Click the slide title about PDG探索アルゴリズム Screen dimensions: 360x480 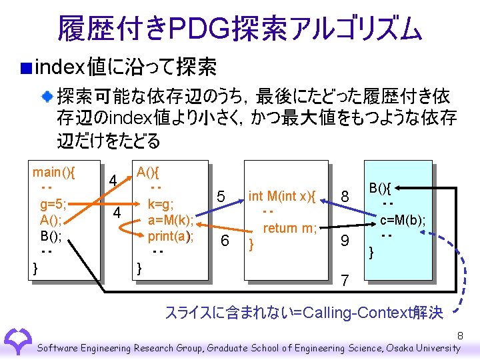coord(240,28)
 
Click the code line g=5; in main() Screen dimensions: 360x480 coord(53,204)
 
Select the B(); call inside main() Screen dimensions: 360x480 coord(51,235)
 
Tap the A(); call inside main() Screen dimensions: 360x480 coord(51,220)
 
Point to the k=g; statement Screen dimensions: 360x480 coord(161,205)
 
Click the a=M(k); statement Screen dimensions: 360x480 coord(171,220)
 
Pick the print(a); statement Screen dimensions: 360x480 coord(171,236)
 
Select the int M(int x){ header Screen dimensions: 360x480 coord(282,195)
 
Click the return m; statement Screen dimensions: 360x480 coord(289,228)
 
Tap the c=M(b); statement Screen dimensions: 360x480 coord(403,220)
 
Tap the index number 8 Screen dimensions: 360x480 coord(345,196)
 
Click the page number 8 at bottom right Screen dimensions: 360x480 coord(460,335)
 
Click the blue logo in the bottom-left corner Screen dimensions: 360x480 coord(18,341)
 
